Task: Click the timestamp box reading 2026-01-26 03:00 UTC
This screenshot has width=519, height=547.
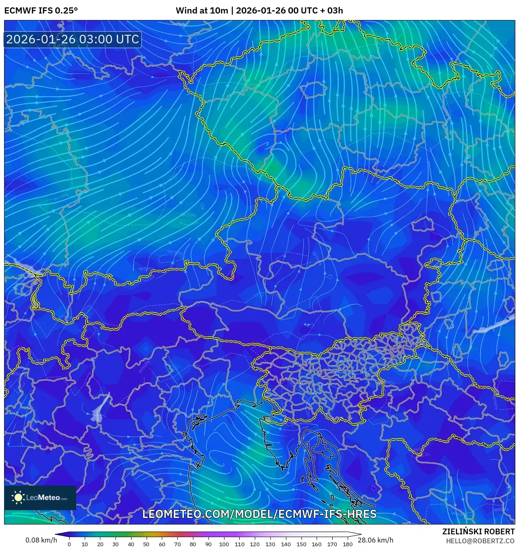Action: tap(73, 39)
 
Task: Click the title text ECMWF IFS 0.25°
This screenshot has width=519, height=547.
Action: tap(41, 11)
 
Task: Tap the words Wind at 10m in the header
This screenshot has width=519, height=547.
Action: tap(202, 11)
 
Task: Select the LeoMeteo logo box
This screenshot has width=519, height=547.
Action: tap(40, 497)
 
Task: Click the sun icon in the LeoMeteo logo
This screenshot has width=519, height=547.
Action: tap(18, 497)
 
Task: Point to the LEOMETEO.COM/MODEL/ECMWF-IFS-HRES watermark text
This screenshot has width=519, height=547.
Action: tap(259, 514)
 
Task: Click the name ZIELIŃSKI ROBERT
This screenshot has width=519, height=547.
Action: tap(478, 531)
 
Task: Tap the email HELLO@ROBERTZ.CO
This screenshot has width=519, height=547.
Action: tap(480, 541)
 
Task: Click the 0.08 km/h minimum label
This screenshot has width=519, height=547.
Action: tap(41, 540)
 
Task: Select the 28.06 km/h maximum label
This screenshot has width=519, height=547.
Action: tap(375, 540)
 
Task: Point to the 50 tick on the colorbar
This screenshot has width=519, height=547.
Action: tap(146, 544)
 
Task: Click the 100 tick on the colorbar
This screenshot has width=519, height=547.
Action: tap(224, 544)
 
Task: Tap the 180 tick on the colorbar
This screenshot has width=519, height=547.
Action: tap(348, 544)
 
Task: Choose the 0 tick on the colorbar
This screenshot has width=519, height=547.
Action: tap(69, 544)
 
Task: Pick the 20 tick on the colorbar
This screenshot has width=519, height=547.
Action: tap(100, 544)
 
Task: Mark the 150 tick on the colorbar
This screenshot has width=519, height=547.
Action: tap(301, 544)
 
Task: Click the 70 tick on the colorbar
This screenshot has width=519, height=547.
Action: tap(177, 544)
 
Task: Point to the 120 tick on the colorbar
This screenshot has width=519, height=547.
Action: tap(255, 544)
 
